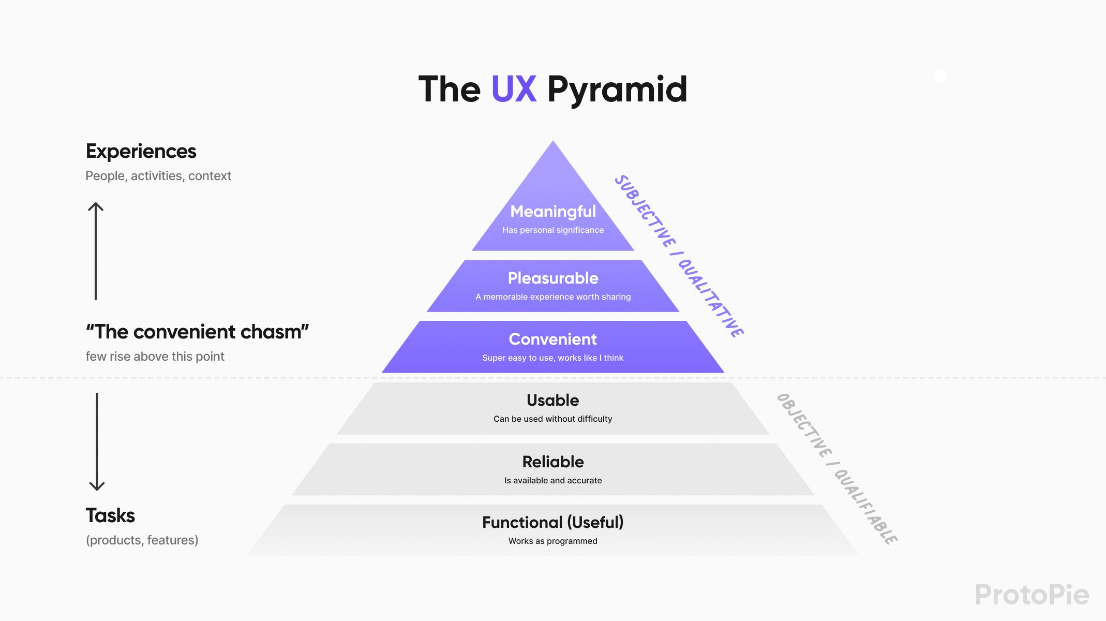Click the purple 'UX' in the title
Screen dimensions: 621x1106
pos(513,89)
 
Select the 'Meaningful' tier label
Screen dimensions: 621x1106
pos(552,211)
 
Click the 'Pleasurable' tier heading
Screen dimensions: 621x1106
pos(552,278)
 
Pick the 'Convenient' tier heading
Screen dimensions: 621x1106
pos(552,339)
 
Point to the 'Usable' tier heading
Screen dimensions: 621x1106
pos(552,400)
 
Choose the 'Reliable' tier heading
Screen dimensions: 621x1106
pos(552,461)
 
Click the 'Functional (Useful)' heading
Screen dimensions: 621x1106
pos(552,522)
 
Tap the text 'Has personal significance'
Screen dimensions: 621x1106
pos(552,230)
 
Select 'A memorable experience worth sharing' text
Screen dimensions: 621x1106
pos(552,297)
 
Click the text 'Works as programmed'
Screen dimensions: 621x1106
pos(552,541)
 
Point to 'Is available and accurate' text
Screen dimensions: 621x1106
pos(552,480)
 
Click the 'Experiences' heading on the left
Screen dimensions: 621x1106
pos(141,151)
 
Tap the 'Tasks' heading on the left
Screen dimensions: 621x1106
pos(110,515)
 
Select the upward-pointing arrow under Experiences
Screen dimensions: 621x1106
pos(96,250)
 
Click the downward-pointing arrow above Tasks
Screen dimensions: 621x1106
pos(97,441)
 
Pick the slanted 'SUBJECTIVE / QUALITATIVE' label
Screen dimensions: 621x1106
pos(679,256)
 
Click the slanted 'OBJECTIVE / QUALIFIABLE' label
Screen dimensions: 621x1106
pos(836,468)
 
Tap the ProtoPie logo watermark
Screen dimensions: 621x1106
pos(1032,594)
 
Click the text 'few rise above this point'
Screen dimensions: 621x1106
pos(155,357)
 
